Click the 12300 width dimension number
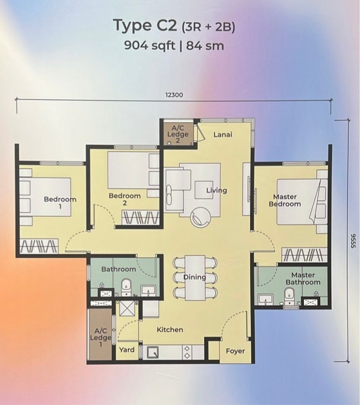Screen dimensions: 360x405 (x=174, y=95)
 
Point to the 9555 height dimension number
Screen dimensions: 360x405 (x=353, y=241)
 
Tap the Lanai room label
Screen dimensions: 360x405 (x=223, y=135)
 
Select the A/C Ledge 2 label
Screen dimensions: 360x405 (x=178, y=134)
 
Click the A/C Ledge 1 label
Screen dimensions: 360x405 (x=101, y=337)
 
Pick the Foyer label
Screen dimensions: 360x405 (x=235, y=351)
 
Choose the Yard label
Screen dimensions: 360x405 (x=127, y=350)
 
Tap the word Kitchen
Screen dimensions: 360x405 (x=170, y=329)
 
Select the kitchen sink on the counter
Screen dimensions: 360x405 (x=153, y=352)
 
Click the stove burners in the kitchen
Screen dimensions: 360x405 (x=187, y=352)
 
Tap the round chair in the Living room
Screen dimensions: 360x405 (x=200, y=217)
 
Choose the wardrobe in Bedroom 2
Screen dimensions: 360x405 (x=140, y=218)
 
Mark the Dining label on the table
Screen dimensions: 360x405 (x=195, y=277)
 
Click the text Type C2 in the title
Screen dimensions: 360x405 (x=145, y=25)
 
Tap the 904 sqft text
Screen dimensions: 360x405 (x=149, y=46)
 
